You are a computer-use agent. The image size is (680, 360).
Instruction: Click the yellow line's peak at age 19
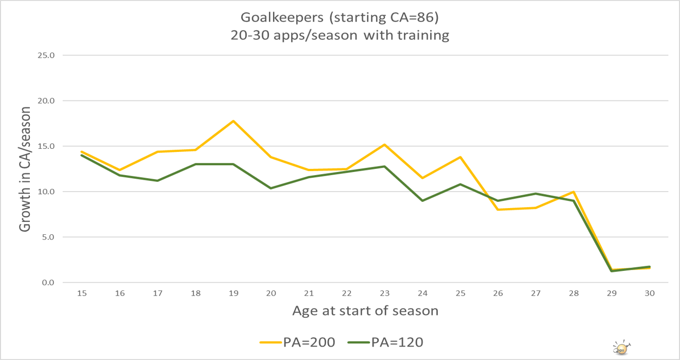(x=233, y=121)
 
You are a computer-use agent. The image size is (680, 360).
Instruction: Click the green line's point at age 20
(x=271, y=188)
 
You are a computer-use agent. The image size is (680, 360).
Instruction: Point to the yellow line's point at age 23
(x=384, y=145)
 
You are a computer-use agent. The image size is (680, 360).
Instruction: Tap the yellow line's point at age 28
(x=573, y=192)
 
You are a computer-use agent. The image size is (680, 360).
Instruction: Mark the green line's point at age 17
(x=158, y=181)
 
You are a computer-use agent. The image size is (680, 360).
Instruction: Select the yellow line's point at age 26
(x=498, y=210)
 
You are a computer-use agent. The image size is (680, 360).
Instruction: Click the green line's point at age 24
(x=422, y=200)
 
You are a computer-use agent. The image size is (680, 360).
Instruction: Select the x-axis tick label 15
(x=81, y=293)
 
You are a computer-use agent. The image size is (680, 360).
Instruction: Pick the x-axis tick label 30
(x=650, y=293)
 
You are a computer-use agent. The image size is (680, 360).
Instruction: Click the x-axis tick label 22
(x=347, y=293)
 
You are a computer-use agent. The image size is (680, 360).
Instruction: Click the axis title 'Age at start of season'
(x=365, y=311)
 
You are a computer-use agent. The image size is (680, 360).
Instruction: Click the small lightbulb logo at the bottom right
(x=621, y=347)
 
